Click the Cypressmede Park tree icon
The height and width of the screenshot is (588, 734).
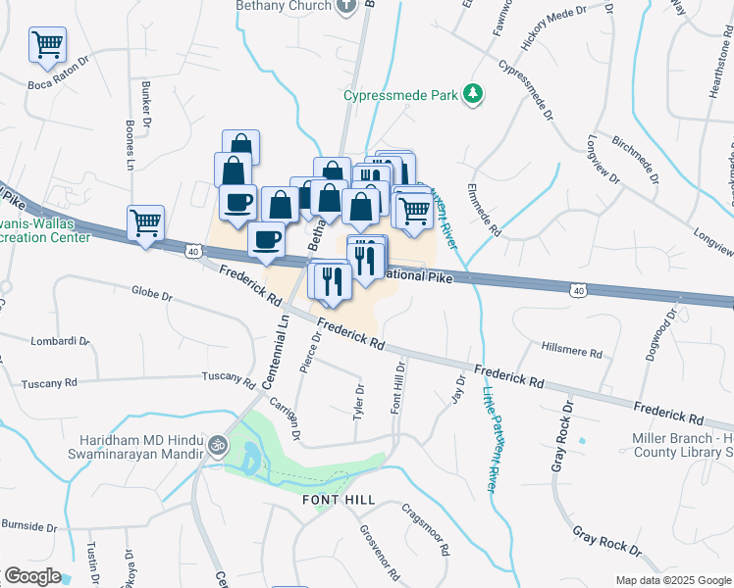pos(474,94)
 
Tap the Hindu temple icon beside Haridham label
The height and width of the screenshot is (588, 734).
pos(217,446)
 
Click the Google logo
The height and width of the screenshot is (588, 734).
pos(32,576)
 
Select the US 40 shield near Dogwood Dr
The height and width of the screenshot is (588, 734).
pos(579,290)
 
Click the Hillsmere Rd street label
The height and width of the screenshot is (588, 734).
pos(571,349)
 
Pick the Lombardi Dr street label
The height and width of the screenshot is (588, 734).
pos(60,341)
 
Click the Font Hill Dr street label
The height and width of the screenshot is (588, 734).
pos(397,397)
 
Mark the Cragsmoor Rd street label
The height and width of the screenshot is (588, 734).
pos(425,525)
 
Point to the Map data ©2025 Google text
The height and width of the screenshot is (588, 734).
pos(672,580)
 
